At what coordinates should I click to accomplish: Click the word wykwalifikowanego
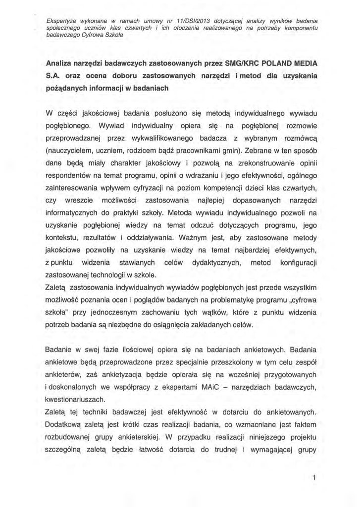click(159, 137)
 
